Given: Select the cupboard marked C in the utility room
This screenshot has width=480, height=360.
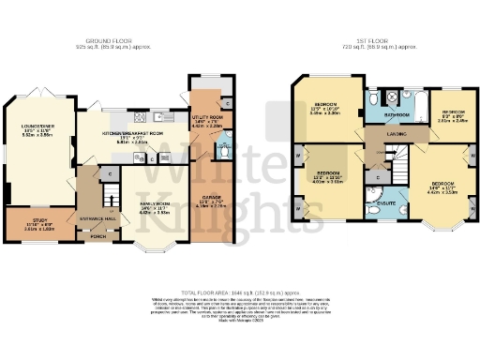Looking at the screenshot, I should click(228, 99).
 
